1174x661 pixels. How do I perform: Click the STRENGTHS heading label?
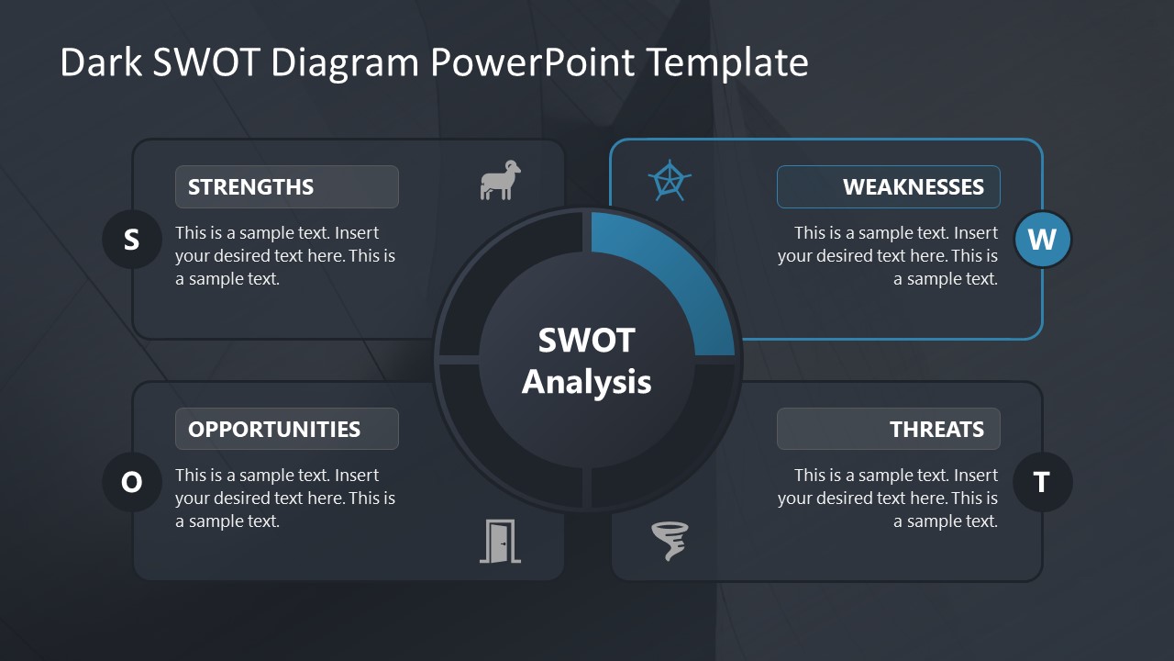[250, 187]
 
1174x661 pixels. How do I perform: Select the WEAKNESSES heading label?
[913, 187]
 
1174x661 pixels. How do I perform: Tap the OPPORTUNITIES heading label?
[274, 430]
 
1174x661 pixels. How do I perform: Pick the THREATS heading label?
[936, 430]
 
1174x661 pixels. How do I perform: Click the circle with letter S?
[131, 240]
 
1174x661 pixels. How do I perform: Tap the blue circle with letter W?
[1042, 240]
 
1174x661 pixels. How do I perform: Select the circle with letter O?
[131, 482]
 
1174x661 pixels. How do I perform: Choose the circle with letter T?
[1042, 482]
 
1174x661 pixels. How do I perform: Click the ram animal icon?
[500, 180]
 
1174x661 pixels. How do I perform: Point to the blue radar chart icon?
[670, 181]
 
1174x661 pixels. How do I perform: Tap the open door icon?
[500, 541]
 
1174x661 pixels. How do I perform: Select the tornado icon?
[670, 541]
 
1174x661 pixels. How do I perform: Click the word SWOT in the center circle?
[586, 341]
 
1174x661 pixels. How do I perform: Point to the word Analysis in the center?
[586, 382]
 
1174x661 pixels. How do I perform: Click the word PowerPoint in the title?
[531, 62]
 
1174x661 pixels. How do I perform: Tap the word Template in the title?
[726, 62]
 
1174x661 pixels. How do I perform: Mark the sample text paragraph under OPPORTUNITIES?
[285, 499]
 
